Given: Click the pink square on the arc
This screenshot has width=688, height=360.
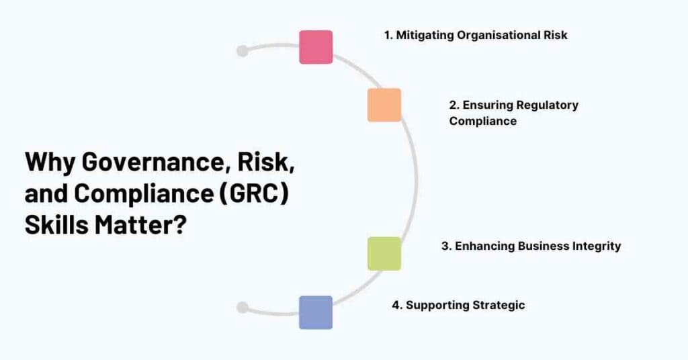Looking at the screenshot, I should click(316, 47).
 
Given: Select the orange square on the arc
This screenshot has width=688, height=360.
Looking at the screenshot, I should click(384, 105).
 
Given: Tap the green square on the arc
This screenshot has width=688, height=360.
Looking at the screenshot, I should click(384, 253).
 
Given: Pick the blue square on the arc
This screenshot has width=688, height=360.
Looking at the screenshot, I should click(316, 312).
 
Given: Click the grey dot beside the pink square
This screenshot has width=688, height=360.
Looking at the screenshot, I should click(243, 51).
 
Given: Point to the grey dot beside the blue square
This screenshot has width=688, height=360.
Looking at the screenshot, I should click(243, 308).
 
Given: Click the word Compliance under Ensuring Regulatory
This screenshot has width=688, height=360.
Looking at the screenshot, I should click(483, 121).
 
